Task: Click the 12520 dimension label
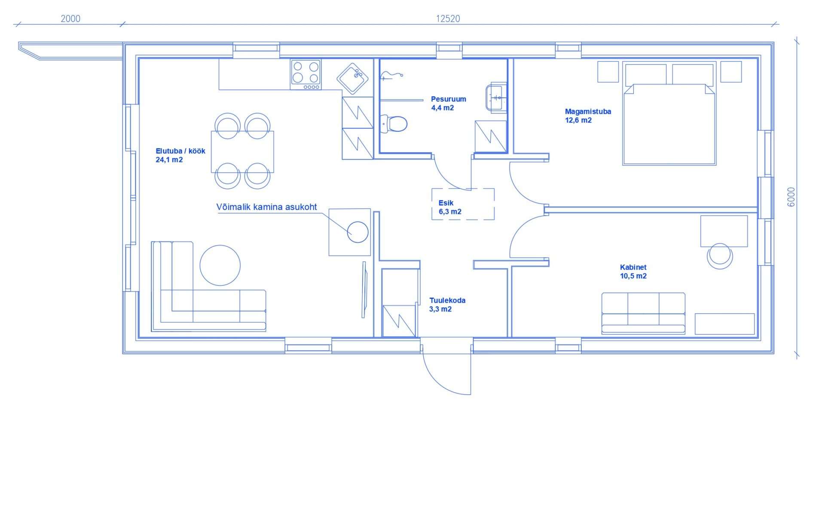(448, 18)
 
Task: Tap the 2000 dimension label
(70, 18)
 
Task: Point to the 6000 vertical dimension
(791, 197)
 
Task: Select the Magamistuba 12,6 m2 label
(587, 116)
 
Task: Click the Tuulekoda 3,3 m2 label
(447, 304)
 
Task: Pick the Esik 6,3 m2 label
(449, 207)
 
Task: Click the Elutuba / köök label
(180, 155)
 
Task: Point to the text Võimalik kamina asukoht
(266, 207)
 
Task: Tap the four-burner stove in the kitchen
(306, 73)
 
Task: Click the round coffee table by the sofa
(220, 265)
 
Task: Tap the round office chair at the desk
(720, 256)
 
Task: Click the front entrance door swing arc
(443, 378)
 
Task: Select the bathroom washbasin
(495, 97)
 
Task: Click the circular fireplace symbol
(357, 232)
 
